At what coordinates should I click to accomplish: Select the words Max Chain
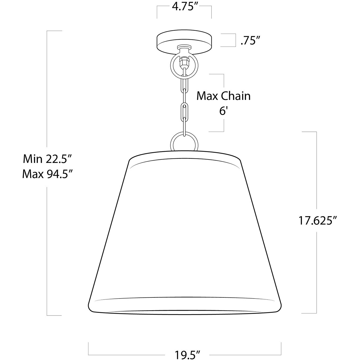223,96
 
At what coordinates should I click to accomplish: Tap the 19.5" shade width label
187,354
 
